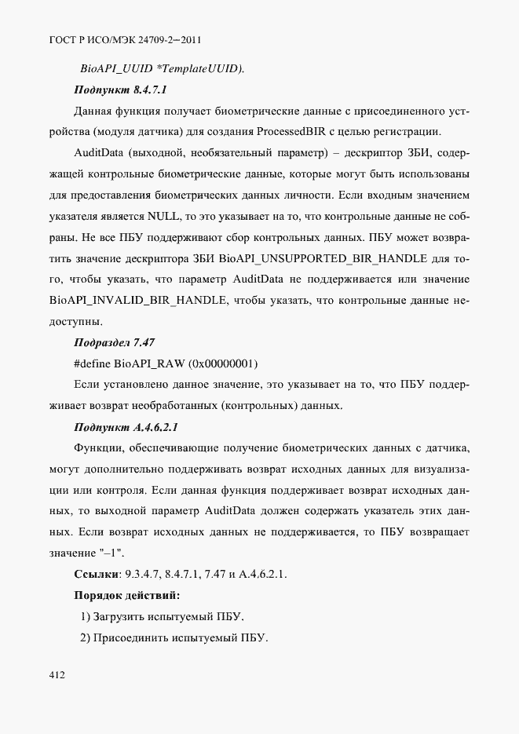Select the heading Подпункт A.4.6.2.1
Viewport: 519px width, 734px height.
pyautogui.click(x=126, y=427)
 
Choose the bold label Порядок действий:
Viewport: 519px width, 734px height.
pyautogui.click(x=126, y=594)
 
